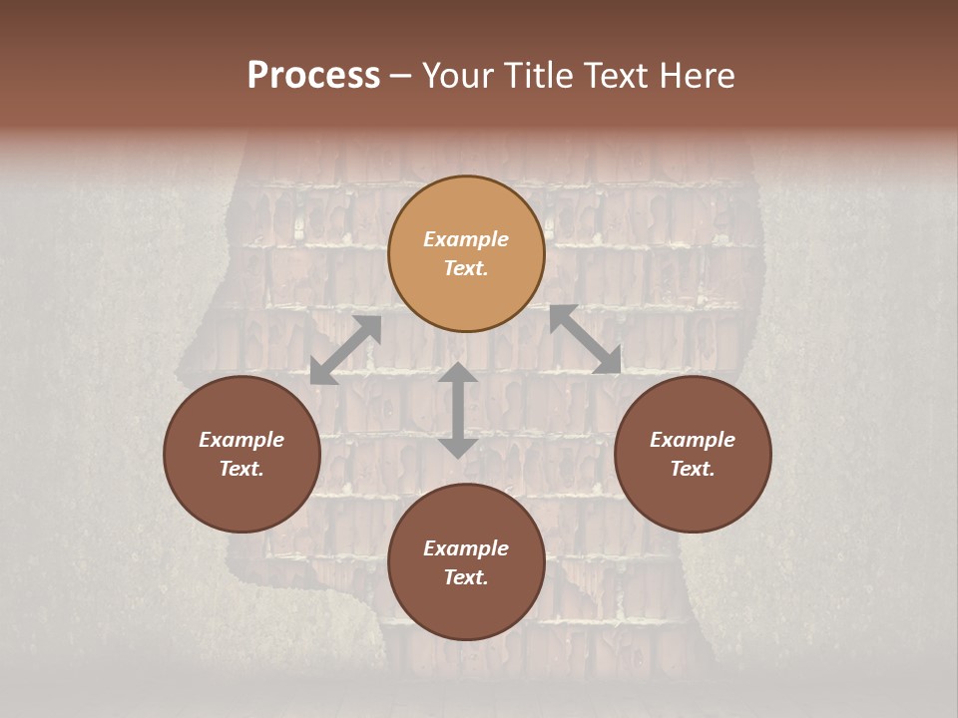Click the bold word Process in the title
click(x=313, y=76)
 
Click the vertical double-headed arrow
click(x=458, y=410)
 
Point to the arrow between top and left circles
click(x=345, y=350)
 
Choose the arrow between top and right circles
click(x=585, y=339)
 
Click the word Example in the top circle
click(x=466, y=239)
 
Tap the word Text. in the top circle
click(x=466, y=268)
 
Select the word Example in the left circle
click(x=241, y=440)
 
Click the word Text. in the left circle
click(x=241, y=469)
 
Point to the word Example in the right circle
click(x=693, y=440)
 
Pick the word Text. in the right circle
click(x=693, y=469)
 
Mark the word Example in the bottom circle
click(x=466, y=548)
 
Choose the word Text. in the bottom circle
click(x=466, y=577)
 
